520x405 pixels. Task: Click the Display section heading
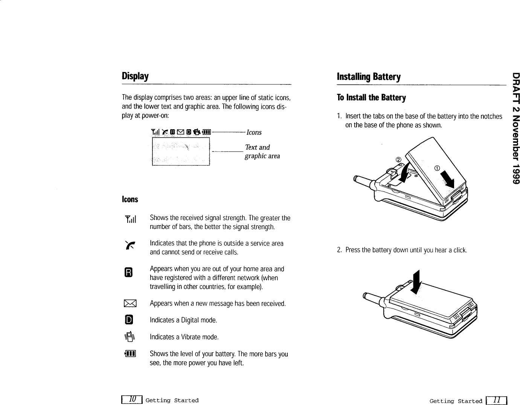[135, 76]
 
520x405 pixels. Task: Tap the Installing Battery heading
[368, 77]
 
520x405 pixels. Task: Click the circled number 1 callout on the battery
[437, 168]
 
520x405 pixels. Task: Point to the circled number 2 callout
[398, 159]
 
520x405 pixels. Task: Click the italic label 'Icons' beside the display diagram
[254, 132]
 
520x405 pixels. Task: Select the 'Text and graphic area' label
[262, 151]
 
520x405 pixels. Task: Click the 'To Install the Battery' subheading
[371, 98]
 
